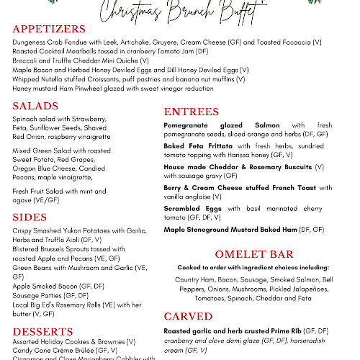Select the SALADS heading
[36, 106]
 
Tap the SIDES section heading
[30, 217]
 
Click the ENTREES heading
[192, 112]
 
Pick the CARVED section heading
[188, 316]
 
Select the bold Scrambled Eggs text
[192, 208]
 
